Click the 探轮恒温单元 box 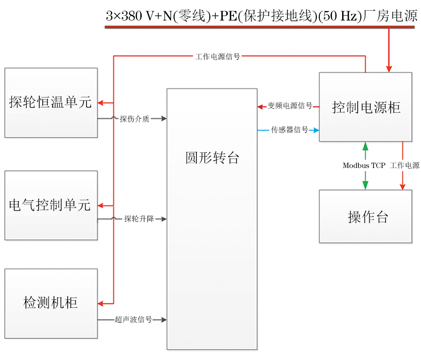point(51,102)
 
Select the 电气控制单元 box point(51,205)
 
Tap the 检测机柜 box point(51,303)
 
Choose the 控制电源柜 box point(366,107)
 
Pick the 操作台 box point(366,217)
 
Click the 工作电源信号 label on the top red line point(217,57)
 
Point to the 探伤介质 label point(134,119)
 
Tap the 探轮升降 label point(139,219)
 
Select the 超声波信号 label point(133,320)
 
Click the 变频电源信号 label point(290,106)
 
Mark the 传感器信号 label point(290,130)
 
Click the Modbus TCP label point(364,166)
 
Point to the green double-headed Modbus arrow point(365,178)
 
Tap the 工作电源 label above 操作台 point(405,166)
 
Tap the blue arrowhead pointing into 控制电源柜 point(316,130)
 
